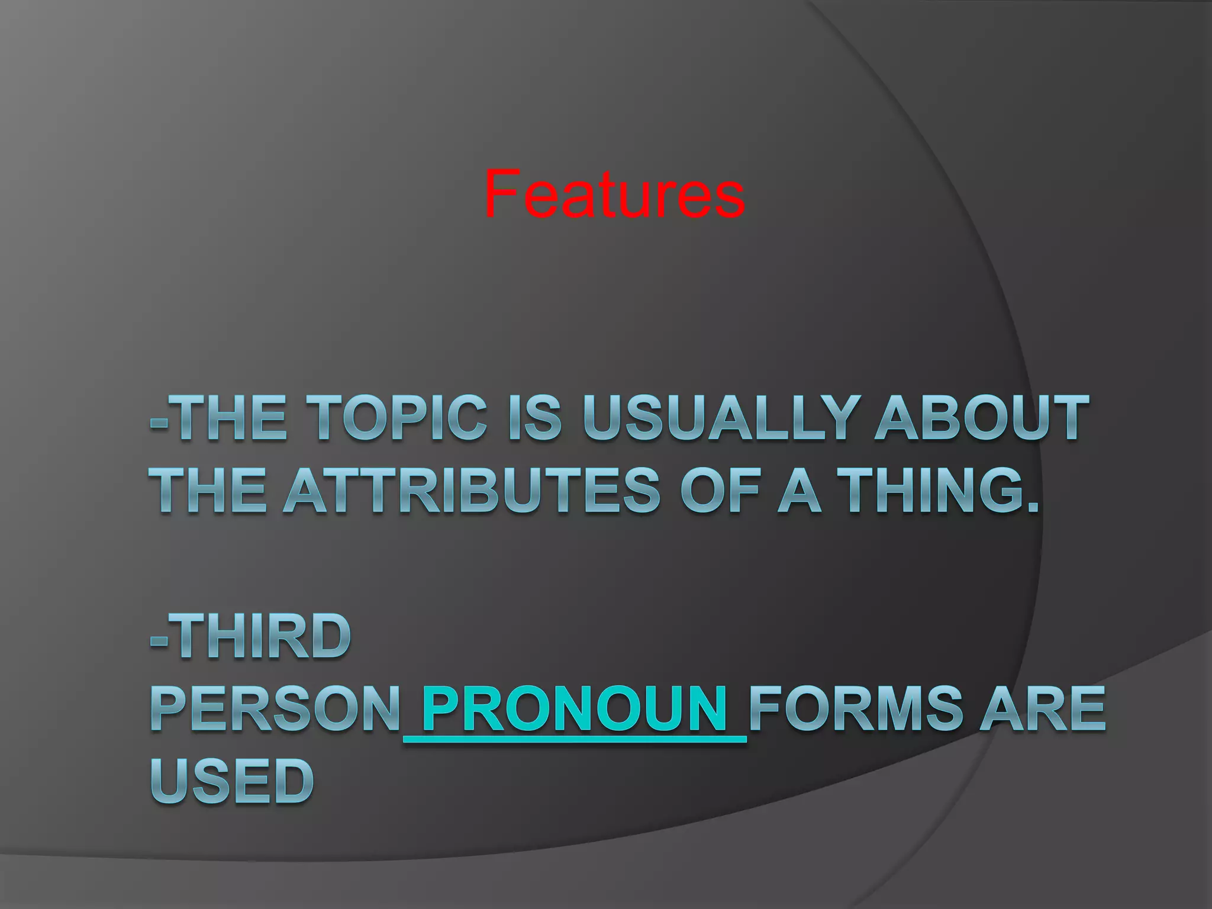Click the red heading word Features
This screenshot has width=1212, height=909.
click(614, 193)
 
